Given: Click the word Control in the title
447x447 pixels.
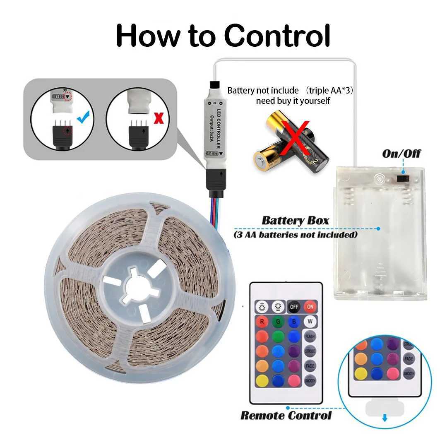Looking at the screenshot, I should (278, 36).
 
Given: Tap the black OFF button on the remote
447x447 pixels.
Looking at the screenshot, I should (293, 307).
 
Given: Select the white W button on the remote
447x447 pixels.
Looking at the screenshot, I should (310, 321).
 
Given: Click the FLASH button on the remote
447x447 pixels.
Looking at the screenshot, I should (310, 336).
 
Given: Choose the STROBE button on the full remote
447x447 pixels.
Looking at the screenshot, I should (310, 351).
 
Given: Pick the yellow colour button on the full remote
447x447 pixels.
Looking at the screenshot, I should (262, 380).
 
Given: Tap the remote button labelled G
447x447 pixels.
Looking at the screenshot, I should (278, 322).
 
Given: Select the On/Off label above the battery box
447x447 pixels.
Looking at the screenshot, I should (401, 154).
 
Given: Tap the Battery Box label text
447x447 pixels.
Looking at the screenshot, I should (295, 220).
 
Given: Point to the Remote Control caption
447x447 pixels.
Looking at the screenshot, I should (286, 415).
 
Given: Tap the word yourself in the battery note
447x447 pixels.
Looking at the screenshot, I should (312, 101).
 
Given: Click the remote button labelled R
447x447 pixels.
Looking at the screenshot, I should (262, 322).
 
